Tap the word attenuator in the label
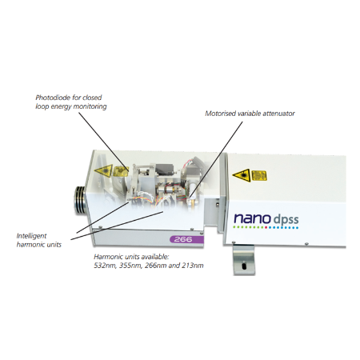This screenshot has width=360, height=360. click(278, 114)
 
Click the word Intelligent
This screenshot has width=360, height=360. click(31, 236)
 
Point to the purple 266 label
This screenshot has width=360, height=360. click(186, 239)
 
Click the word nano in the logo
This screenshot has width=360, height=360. click(252, 218)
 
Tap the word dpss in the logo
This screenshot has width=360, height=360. click(286, 219)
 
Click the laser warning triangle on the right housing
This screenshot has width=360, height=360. click(242, 175)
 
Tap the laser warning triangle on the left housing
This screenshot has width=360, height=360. click(103, 170)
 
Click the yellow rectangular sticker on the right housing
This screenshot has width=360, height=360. click(259, 176)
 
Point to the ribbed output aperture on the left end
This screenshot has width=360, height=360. click(80, 200)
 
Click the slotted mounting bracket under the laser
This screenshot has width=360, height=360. click(244, 260)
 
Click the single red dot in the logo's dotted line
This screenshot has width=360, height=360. click(266, 228)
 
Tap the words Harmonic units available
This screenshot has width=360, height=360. click(131, 257)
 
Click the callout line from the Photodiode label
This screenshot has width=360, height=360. click(104, 142)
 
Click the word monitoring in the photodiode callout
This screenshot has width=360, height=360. click(90, 106)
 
